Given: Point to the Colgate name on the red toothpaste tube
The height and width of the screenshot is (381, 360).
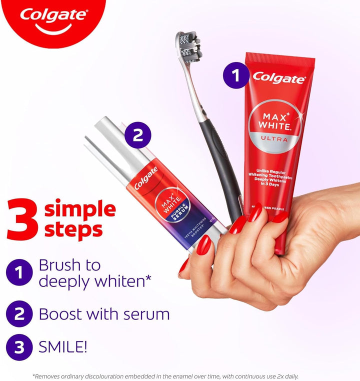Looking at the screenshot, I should [x=278, y=77].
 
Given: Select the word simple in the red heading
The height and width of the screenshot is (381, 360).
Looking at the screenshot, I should [x=80, y=209].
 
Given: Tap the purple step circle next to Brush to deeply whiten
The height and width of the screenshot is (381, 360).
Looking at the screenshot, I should [x=19, y=273].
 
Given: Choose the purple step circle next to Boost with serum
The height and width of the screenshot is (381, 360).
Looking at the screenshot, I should [x=19, y=314].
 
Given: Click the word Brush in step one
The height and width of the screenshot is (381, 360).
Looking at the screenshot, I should [x=58, y=265].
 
